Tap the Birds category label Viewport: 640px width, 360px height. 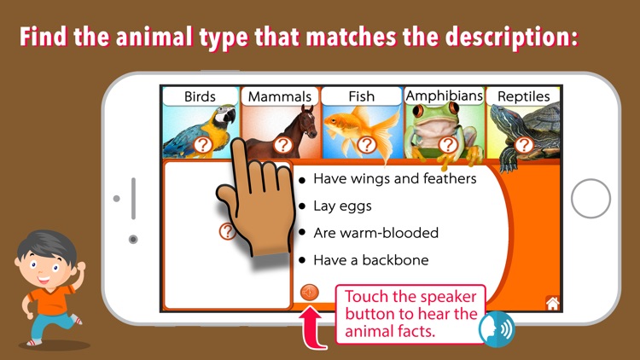click(x=200, y=96)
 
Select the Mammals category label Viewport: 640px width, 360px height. click(x=279, y=96)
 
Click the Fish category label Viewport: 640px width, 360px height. click(x=361, y=96)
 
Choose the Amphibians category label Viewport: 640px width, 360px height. click(x=444, y=96)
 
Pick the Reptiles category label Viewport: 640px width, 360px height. click(x=524, y=96)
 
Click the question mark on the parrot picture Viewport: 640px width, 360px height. click(x=202, y=145)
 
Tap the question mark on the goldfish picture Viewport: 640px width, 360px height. click(x=366, y=144)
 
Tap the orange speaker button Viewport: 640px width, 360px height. click(x=309, y=293)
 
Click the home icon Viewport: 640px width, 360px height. click(x=552, y=302)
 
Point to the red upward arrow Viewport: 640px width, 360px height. click(x=314, y=328)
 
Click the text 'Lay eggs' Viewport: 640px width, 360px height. click(x=342, y=206)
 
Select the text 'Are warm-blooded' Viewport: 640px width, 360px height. click(x=375, y=233)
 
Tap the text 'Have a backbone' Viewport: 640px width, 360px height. click(x=370, y=260)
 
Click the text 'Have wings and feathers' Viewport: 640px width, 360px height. click(x=394, y=178)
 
